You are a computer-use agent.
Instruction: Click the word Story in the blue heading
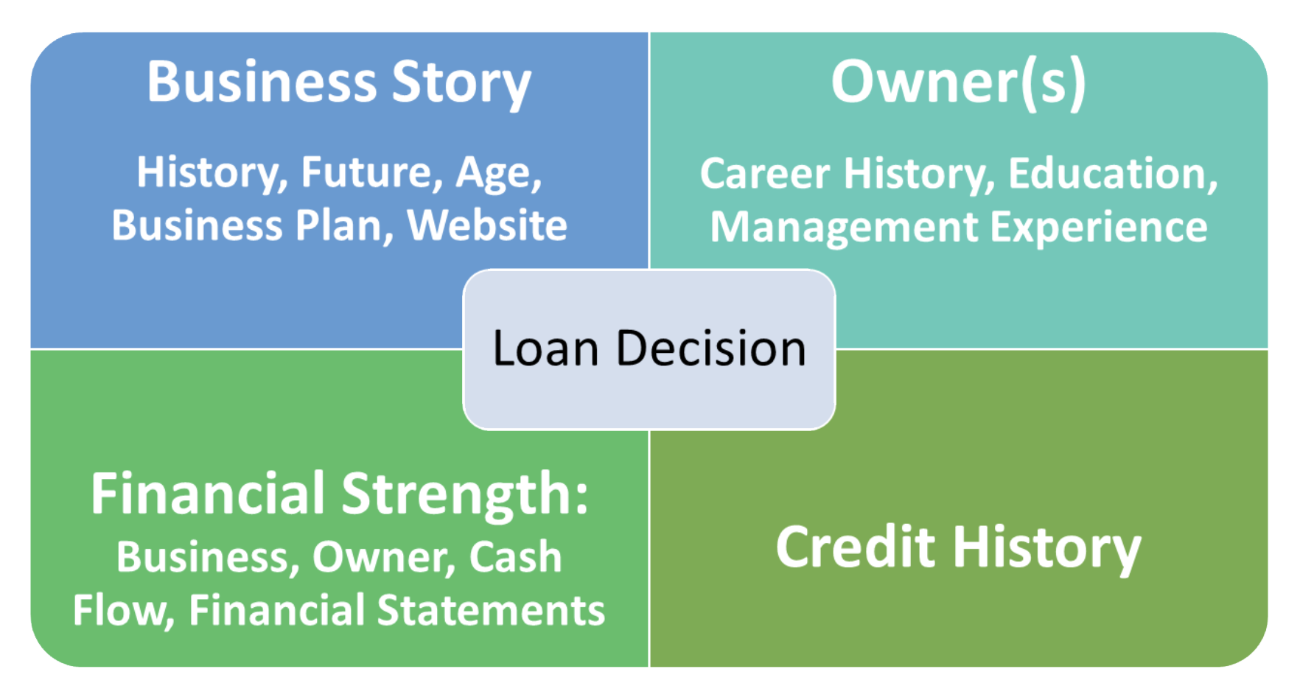coord(461,83)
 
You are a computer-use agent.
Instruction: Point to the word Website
coord(487,225)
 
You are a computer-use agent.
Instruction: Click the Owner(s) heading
coord(958,83)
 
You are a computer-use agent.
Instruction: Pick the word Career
coord(765,175)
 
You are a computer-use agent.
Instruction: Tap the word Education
coord(1112,175)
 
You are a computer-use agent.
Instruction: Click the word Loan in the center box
coord(545,348)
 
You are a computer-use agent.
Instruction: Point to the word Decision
coord(710,348)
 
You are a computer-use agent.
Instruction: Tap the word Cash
coord(515,557)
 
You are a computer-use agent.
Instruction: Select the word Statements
coord(491,611)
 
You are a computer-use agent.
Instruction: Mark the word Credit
coord(856,547)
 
